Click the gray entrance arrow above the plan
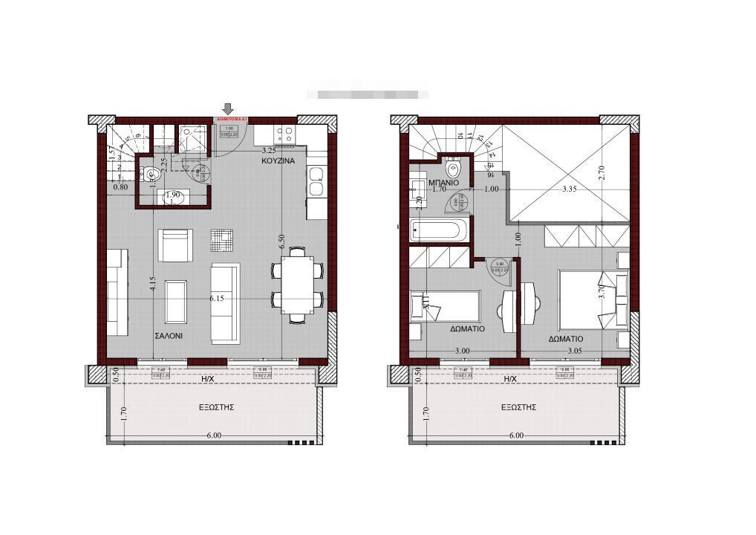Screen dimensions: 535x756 pos(228,109)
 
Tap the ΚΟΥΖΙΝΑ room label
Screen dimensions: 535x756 pos(278,160)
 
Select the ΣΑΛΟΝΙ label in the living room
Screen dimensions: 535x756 pos(169,336)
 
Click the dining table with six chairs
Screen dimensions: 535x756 pos(297,286)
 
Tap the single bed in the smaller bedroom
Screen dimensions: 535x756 pos(446,307)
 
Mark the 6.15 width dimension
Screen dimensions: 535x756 pos(217,298)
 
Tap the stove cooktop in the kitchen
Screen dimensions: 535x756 pos(285,134)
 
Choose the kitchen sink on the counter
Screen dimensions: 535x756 pos(316,181)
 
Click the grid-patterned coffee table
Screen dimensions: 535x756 pos(221,240)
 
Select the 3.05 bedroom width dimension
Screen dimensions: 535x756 pos(574,350)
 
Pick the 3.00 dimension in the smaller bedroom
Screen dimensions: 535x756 pos(462,350)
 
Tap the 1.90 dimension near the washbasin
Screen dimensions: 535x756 pos(173,195)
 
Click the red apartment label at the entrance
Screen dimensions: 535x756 pos(231,119)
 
